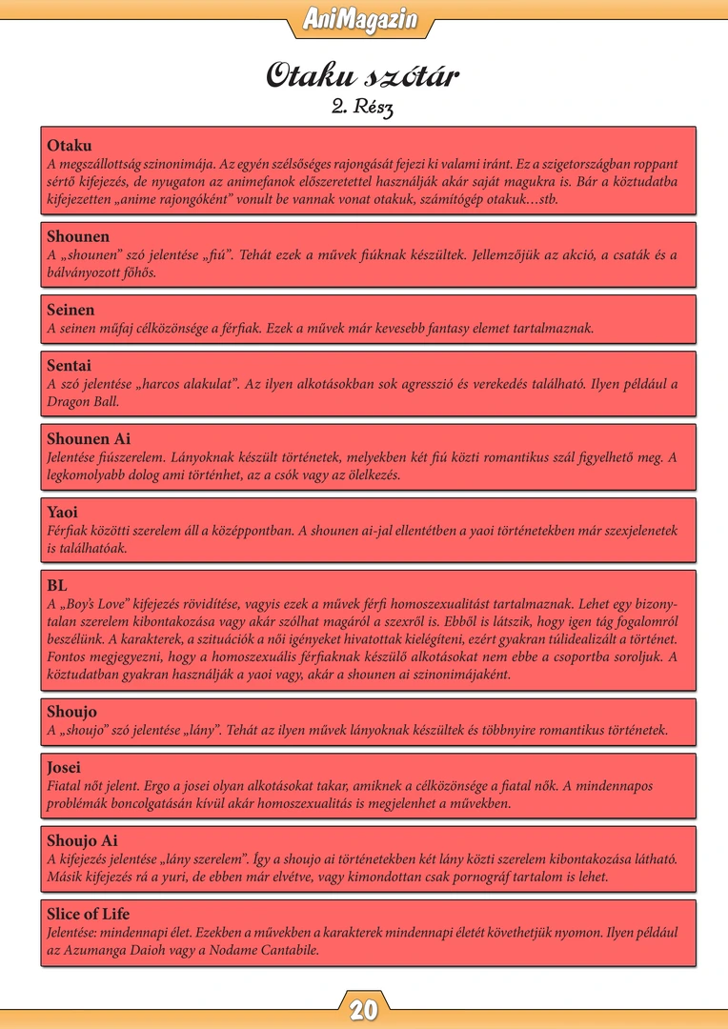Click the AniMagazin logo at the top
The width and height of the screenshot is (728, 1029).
pyautogui.click(x=363, y=19)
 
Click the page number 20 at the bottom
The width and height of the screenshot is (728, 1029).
pyautogui.click(x=364, y=1010)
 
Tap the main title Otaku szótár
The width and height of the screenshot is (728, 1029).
pyautogui.click(x=363, y=75)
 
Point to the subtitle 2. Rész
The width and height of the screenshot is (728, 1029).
pyautogui.click(x=363, y=107)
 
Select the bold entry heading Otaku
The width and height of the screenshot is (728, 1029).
pyautogui.click(x=70, y=146)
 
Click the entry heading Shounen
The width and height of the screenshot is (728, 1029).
pyautogui.click(x=78, y=236)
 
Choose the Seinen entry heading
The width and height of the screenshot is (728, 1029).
pyautogui.click(x=71, y=310)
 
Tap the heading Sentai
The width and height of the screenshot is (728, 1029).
pyautogui.click(x=70, y=366)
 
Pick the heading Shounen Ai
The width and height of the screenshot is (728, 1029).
pyautogui.click(x=89, y=439)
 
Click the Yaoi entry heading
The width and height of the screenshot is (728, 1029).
pyautogui.click(x=62, y=512)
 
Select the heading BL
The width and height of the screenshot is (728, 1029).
pyautogui.click(x=57, y=585)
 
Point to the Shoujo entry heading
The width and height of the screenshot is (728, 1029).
pyautogui.click(x=71, y=712)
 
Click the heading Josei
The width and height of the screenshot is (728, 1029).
pyautogui.click(x=64, y=767)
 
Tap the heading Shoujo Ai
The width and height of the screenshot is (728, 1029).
pyautogui.click(x=82, y=840)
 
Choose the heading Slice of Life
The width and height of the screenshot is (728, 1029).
pyautogui.click(x=88, y=914)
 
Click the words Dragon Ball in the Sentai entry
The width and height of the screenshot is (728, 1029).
pyautogui.click(x=84, y=402)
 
